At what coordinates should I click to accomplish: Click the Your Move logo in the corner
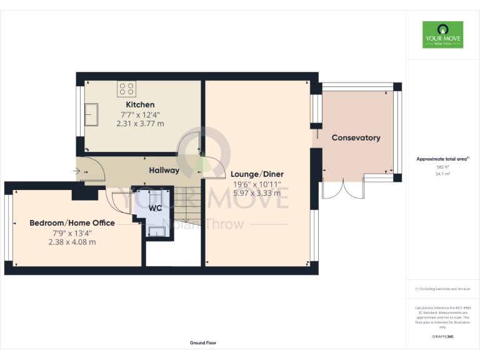coord(442,35)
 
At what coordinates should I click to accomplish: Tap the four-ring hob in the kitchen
coord(127,89)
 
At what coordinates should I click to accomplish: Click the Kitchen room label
coord(140,104)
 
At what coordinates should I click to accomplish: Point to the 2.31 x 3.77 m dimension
coord(140,124)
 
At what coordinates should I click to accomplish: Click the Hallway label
coord(164,170)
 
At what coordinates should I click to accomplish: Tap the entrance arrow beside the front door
coord(77,170)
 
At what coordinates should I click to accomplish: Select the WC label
coord(155,208)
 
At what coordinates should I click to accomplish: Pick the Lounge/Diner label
coord(256,174)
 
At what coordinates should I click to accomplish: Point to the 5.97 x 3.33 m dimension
coord(256,193)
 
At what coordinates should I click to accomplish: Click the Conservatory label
coord(356,137)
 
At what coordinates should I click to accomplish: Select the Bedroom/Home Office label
coord(72,222)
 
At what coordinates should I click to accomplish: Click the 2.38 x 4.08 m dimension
coord(72,242)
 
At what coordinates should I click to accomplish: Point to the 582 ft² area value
coord(442,167)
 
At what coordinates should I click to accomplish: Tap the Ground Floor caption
coord(203,343)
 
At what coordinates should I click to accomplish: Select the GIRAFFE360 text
coord(442,336)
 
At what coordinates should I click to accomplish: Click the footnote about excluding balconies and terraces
coord(442,289)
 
